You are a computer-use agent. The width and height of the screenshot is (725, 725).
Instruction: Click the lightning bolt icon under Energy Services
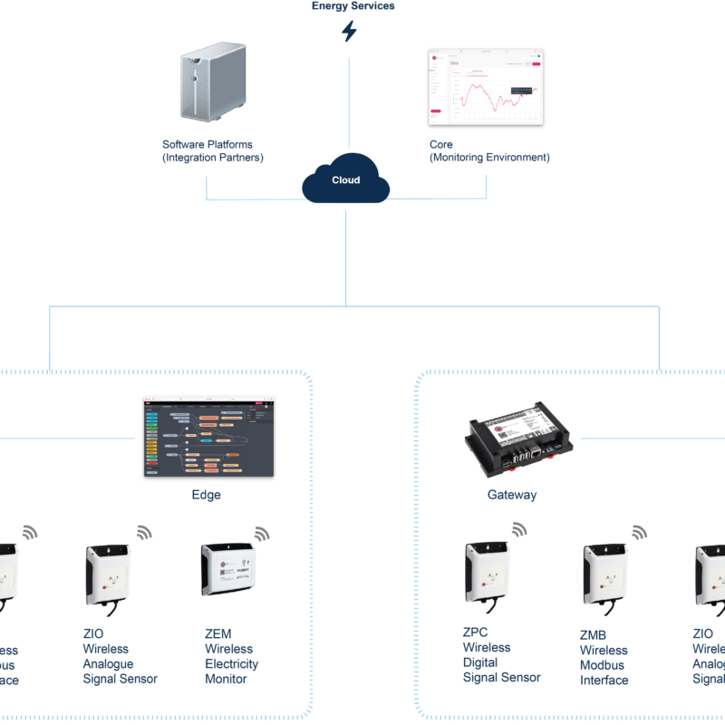[x=348, y=32]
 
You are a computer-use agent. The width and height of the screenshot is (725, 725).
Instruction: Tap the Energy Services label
[x=353, y=5]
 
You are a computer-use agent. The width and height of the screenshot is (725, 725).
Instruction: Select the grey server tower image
[x=211, y=85]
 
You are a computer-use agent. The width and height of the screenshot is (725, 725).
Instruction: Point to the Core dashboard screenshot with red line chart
[x=486, y=87]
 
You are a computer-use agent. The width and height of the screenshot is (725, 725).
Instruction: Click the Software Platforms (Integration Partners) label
[x=212, y=150]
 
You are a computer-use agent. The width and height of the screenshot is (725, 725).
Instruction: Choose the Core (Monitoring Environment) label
[x=489, y=150]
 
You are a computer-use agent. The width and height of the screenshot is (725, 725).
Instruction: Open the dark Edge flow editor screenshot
[x=208, y=437]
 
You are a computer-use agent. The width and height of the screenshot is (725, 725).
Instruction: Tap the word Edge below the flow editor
[x=207, y=496]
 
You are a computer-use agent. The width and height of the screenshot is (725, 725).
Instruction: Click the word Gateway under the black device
[x=512, y=496]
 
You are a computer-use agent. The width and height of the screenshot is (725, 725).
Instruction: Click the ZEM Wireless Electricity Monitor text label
[x=232, y=656]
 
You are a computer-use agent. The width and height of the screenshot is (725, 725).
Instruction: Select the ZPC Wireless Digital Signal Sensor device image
[x=488, y=571]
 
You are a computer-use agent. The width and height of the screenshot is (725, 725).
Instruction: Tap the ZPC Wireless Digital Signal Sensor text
[x=501, y=655]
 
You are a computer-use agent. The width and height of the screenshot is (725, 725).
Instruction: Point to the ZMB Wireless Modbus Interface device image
[x=605, y=575]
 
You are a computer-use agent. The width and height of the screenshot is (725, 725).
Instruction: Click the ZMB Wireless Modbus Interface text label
[x=604, y=658]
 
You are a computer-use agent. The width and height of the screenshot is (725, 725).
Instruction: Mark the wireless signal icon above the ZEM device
[x=262, y=533]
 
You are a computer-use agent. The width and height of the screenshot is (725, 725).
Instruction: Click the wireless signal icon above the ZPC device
[x=519, y=528]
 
